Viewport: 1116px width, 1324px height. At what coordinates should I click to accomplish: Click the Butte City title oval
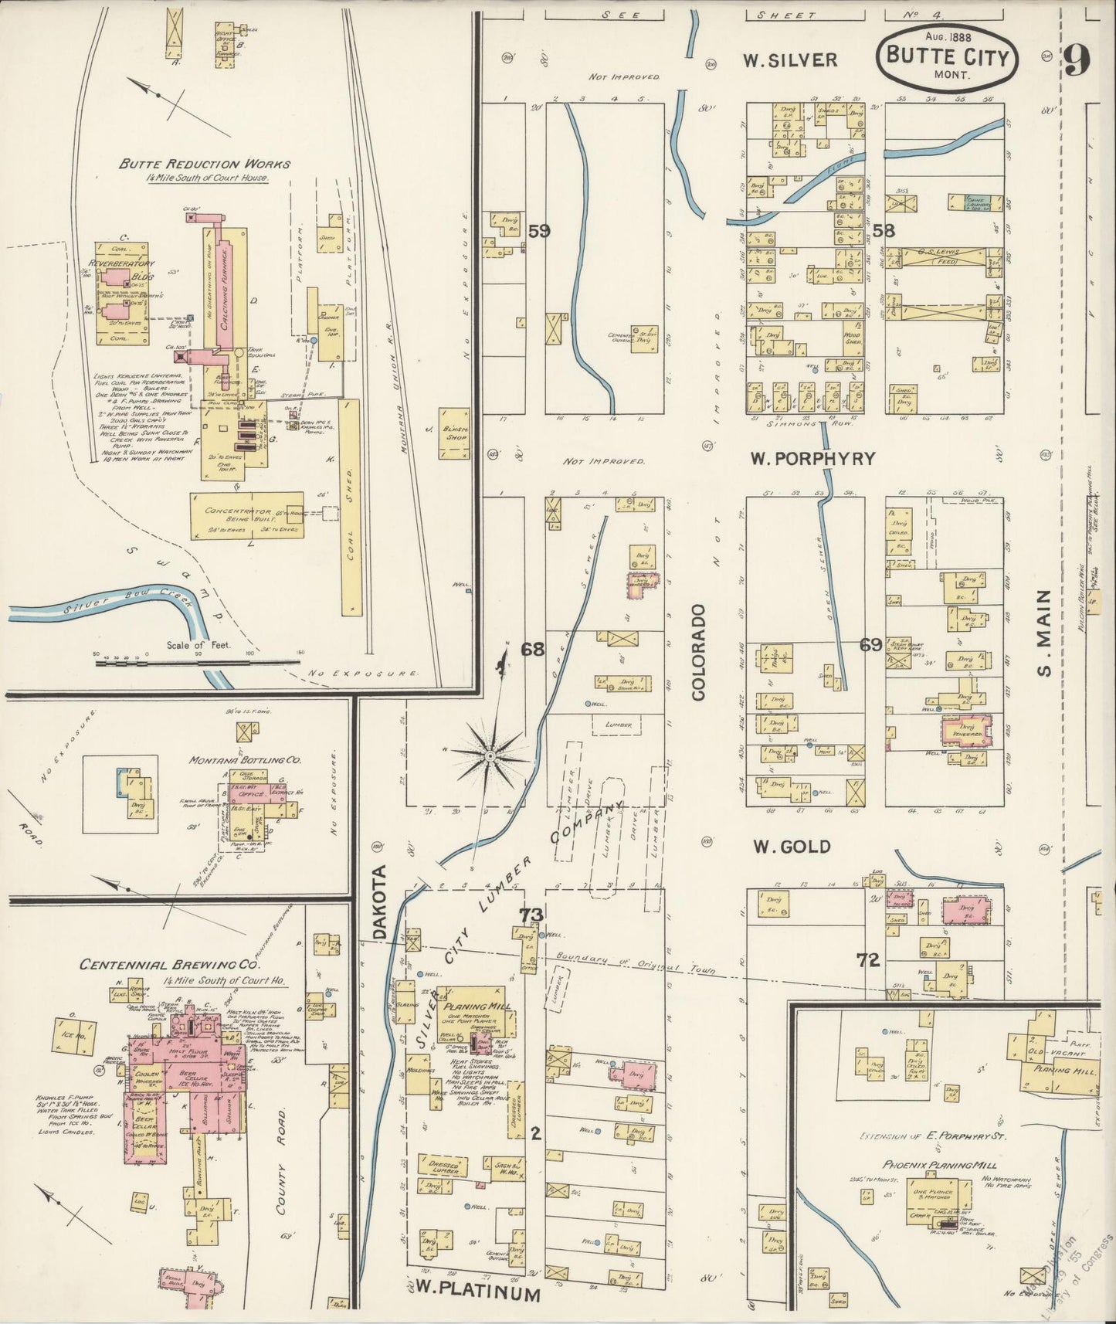click(x=947, y=56)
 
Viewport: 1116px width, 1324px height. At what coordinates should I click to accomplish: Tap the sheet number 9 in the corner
click(x=1078, y=59)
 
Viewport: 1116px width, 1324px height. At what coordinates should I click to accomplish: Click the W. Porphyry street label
click(x=813, y=458)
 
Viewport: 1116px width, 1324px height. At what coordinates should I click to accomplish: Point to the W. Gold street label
click(x=792, y=847)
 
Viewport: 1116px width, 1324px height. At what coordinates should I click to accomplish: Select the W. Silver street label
click(x=790, y=59)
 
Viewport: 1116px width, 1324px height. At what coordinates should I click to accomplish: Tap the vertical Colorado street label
click(x=699, y=653)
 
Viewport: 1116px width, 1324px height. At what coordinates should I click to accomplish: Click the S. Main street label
click(x=1044, y=633)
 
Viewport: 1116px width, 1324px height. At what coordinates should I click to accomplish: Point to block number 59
click(x=538, y=230)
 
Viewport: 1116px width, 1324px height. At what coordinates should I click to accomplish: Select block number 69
click(x=870, y=644)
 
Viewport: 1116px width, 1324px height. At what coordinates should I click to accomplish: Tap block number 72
click(x=869, y=960)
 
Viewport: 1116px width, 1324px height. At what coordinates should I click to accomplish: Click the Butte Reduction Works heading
click(x=205, y=164)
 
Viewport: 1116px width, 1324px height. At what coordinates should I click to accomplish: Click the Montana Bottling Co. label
click(x=245, y=760)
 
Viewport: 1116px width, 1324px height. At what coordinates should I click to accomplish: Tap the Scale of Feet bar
click(x=197, y=661)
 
